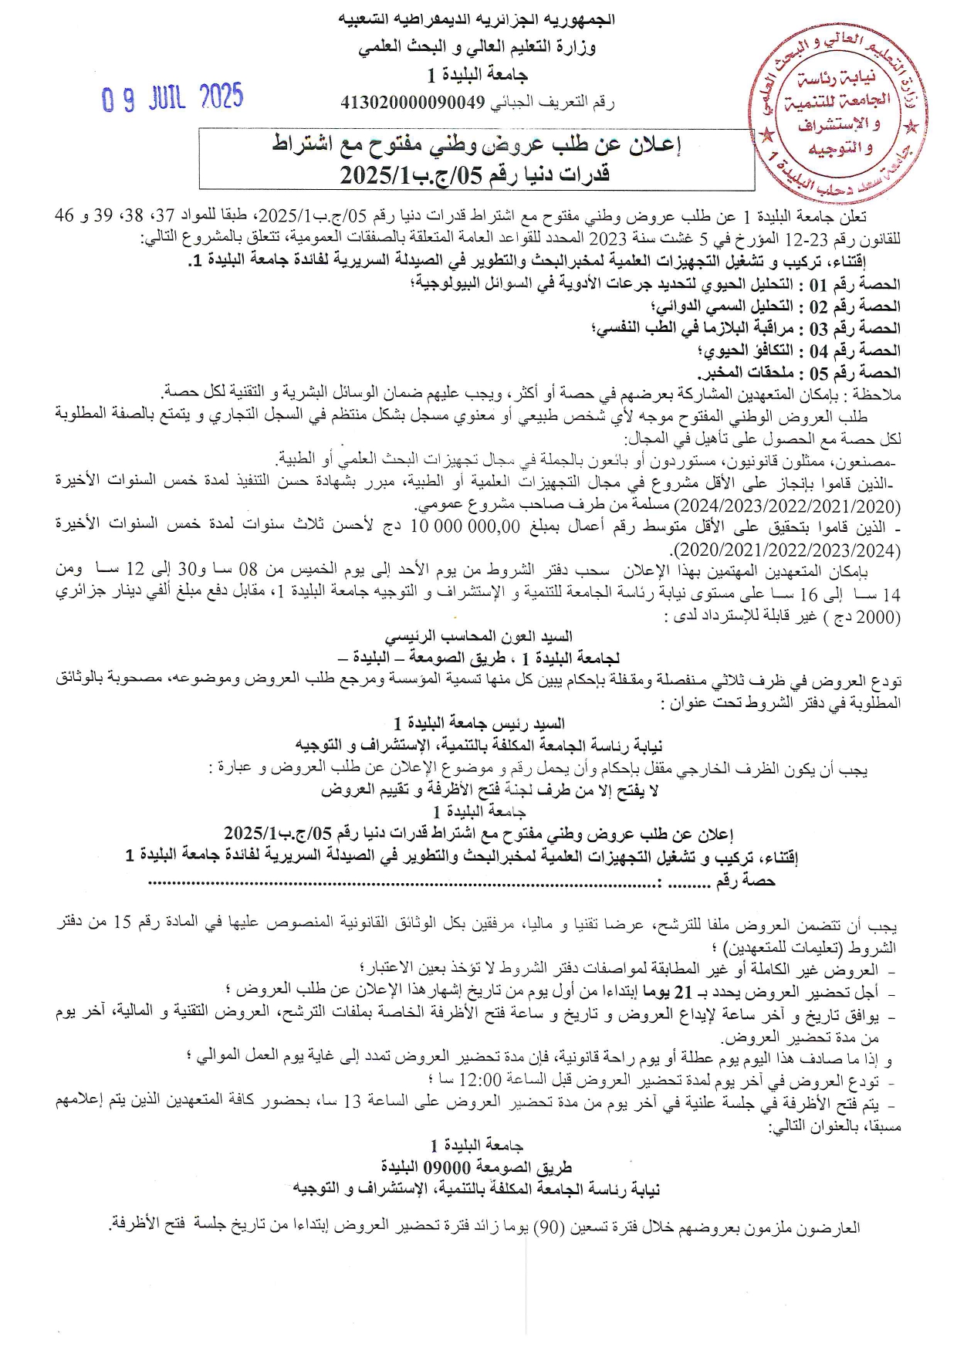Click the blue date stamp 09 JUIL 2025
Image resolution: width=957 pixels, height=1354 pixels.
coord(173,98)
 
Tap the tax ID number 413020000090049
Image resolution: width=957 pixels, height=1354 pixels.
coord(413,102)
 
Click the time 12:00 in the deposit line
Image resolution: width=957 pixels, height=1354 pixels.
coord(480,1080)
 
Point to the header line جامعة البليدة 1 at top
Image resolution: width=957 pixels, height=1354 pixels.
coord(478,75)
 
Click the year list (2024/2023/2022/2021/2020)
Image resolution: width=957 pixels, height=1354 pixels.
coord(787,506)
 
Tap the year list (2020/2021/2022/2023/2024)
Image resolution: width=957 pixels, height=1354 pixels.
coord(787,550)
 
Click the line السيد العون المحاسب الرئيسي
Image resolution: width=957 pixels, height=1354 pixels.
coord(478,637)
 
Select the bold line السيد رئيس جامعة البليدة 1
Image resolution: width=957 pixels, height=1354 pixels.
coord(478,723)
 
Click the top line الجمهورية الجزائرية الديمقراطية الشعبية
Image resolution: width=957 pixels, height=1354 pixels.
coord(478,19)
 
